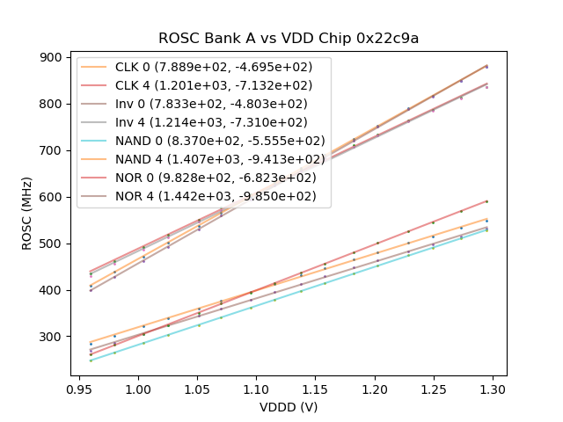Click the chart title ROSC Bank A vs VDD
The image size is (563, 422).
289,39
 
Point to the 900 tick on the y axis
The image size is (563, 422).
52,57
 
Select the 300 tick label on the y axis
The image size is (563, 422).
52,337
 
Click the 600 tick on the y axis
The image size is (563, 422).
52,197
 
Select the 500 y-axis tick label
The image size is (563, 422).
52,244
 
